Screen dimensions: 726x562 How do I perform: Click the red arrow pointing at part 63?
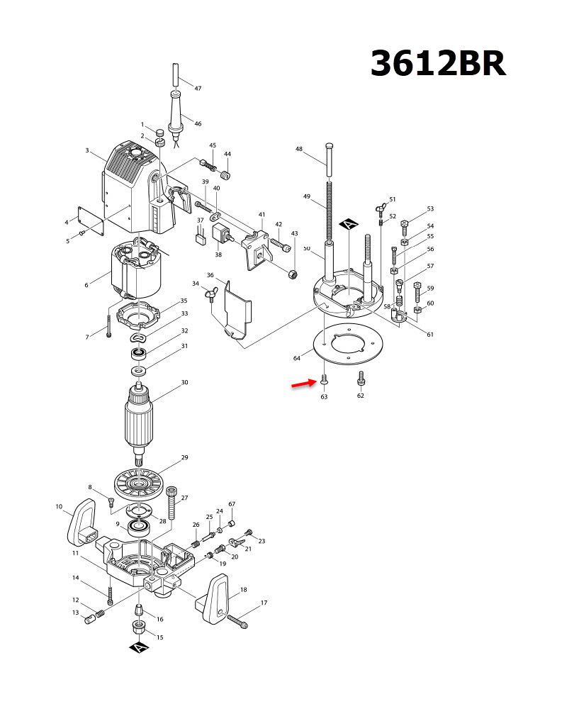click(x=303, y=384)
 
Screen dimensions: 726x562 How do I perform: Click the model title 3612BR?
click(x=438, y=65)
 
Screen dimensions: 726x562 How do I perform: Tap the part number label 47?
click(x=198, y=89)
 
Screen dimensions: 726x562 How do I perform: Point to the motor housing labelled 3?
click(x=135, y=184)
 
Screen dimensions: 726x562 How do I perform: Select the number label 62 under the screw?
click(x=360, y=396)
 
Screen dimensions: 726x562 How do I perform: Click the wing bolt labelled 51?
click(x=381, y=208)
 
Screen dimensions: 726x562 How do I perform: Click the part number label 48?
click(x=299, y=149)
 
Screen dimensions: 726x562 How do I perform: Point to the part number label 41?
click(x=262, y=215)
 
